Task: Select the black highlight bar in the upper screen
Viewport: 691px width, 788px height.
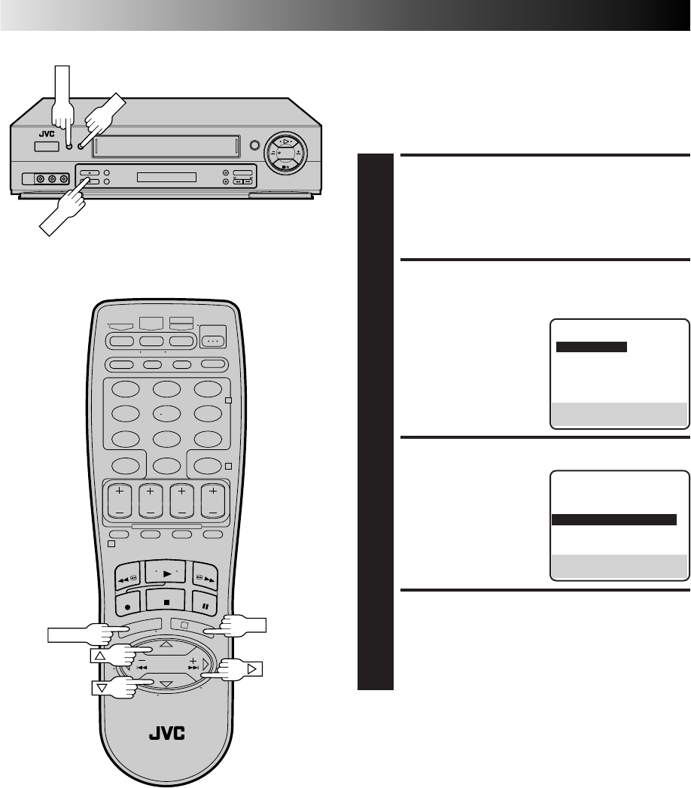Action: click(591, 347)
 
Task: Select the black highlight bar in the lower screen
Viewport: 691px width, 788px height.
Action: click(614, 519)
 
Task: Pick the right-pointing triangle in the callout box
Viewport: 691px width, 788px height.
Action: click(251, 667)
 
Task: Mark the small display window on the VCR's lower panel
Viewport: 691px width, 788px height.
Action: click(166, 178)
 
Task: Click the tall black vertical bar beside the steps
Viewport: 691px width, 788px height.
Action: click(376, 421)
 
